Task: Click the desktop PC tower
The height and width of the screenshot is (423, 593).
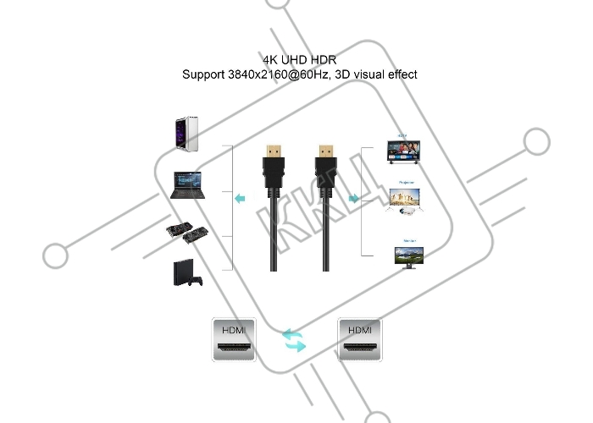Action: [x=186, y=134]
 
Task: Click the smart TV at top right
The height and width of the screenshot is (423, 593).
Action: [x=404, y=149]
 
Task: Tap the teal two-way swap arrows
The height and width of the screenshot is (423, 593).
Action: [x=294, y=341]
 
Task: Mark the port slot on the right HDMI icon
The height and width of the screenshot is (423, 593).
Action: [x=360, y=349]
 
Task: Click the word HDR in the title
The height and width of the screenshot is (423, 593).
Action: [x=322, y=61]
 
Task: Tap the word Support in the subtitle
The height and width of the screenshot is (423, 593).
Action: [x=203, y=74]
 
